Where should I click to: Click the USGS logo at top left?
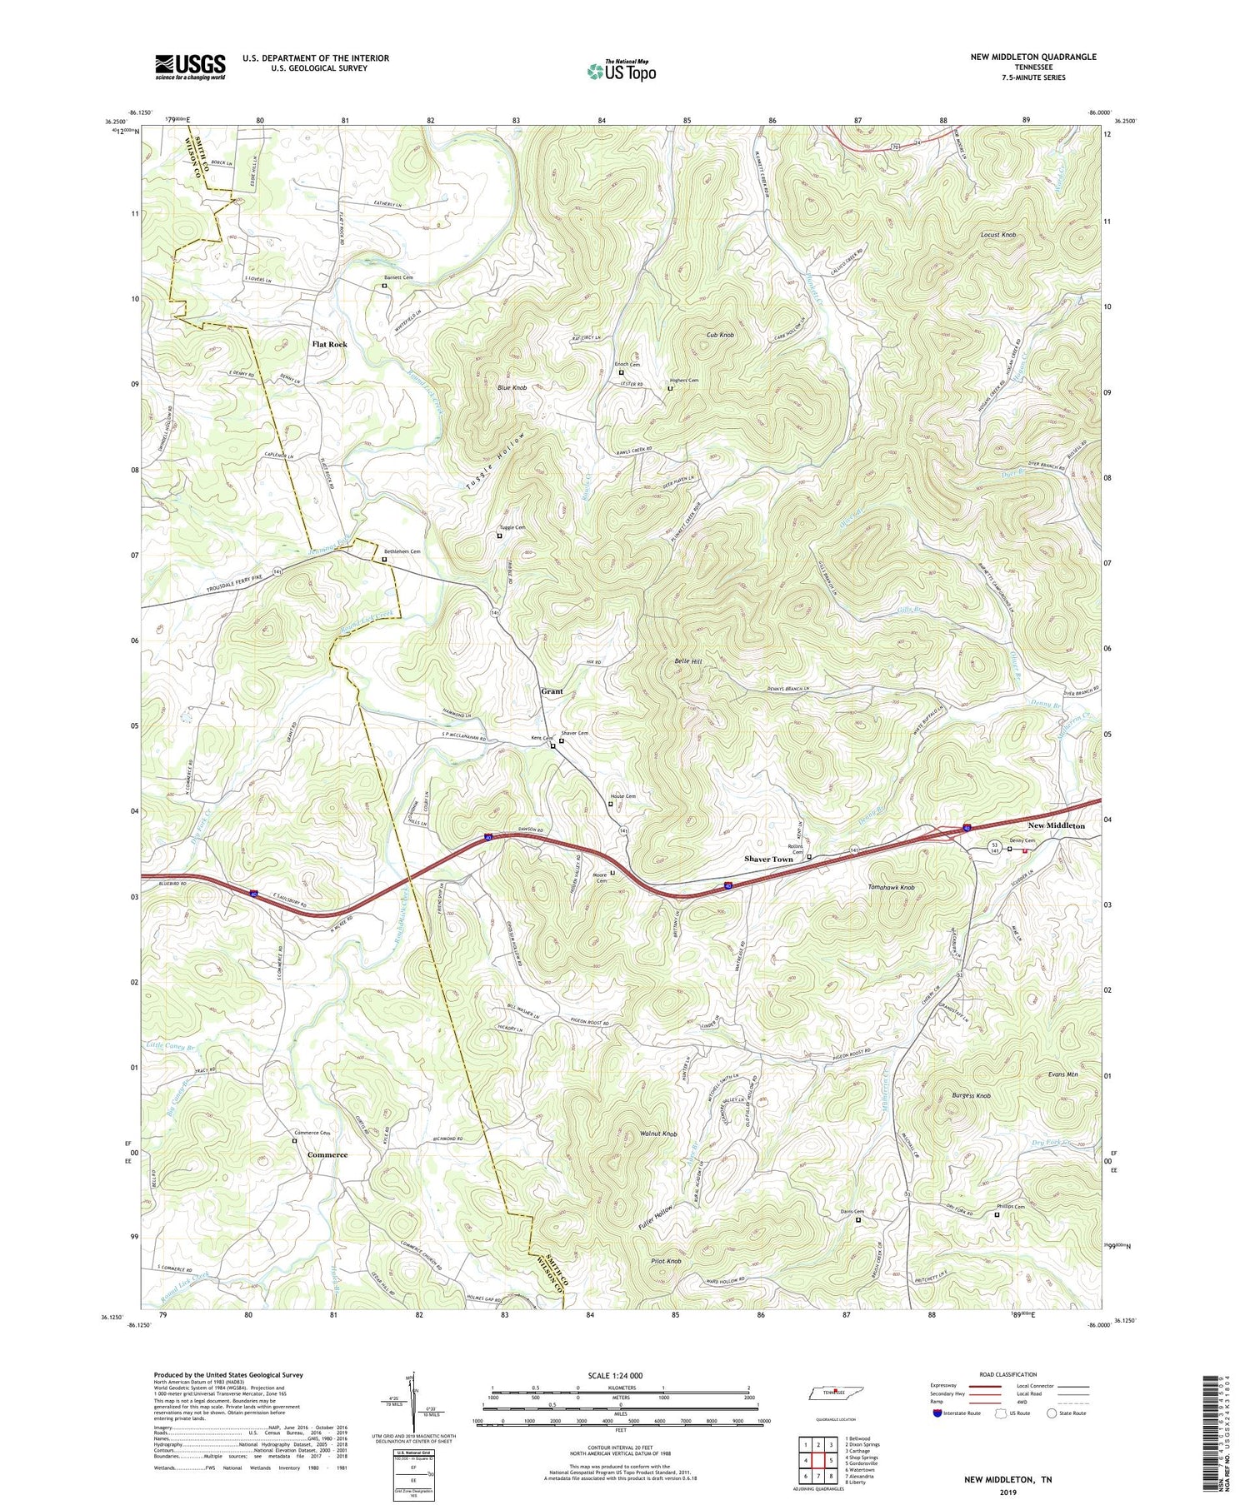(x=190, y=67)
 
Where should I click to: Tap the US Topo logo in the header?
(x=621, y=72)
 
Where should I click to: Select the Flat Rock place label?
(x=329, y=344)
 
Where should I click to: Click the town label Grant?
(x=552, y=691)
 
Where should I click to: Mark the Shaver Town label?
(x=768, y=859)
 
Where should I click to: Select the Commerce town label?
(x=327, y=1155)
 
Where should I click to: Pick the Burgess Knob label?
(x=971, y=1096)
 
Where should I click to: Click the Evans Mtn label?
(x=1062, y=1075)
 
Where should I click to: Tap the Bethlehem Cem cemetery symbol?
(x=384, y=560)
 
